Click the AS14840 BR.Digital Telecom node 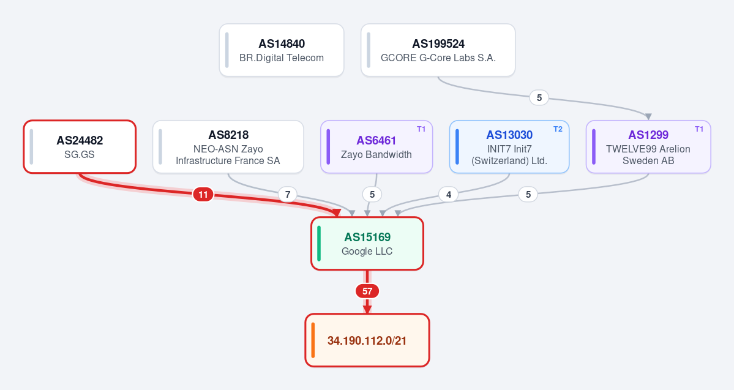[282, 50]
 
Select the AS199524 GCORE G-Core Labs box [438, 50]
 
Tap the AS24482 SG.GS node [80, 146]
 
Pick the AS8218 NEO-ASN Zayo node [228, 146]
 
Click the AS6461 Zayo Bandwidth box [376, 146]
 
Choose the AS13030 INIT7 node [509, 146]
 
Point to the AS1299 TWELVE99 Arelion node [648, 146]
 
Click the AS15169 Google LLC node [367, 244]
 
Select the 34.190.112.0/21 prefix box [367, 340]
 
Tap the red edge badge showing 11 [203, 194]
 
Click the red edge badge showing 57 [367, 291]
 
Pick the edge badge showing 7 [288, 194]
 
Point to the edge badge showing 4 [449, 194]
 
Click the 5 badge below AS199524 [539, 98]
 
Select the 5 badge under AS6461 [372, 194]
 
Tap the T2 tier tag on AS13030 [558, 129]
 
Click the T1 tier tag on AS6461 [421, 129]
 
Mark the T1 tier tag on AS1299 [699, 129]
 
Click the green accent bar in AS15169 [320, 244]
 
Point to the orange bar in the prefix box [313, 340]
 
